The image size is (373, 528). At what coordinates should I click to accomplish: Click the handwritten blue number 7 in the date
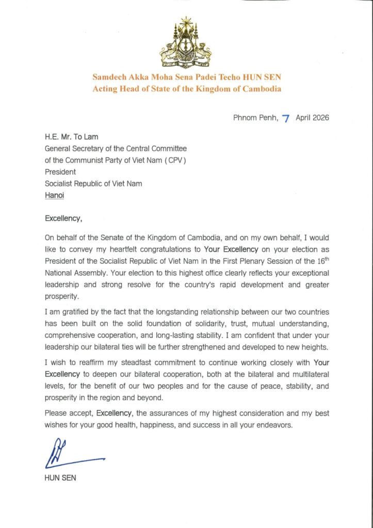pyautogui.click(x=285, y=118)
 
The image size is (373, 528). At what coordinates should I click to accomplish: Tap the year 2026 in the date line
pyautogui.click(x=319, y=118)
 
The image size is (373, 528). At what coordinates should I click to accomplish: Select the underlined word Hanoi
pyautogui.click(x=54, y=195)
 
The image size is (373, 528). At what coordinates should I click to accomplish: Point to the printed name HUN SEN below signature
pyautogui.click(x=60, y=478)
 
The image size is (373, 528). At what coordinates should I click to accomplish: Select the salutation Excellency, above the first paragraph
pyautogui.click(x=63, y=218)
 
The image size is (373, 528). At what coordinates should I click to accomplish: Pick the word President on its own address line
pyautogui.click(x=60, y=172)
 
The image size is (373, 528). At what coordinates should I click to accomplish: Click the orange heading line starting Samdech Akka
pyautogui.click(x=187, y=77)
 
